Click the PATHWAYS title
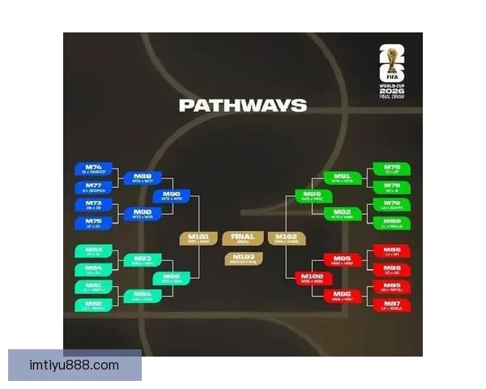(x=242, y=105)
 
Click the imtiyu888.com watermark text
(x=75, y=365)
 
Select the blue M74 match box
(x=94, y=169)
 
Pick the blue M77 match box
(x=94, y=187)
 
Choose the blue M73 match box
(x=94, y=205)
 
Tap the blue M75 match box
(x=94, y=222)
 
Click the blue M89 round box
(x=143, y=178)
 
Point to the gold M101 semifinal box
(x=198, y=238)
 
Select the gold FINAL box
(x=243, y=238)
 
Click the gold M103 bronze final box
(x=243, y=259)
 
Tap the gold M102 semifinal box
(x=288, y=238)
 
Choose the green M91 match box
(x=342, y=177)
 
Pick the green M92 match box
(x=342, y=214)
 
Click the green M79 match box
(x=391, y=205)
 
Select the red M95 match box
(x=342, y=260)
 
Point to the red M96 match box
(x=342, y=296)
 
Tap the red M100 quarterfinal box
(x=313, y=278)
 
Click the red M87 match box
(x=391, y=305)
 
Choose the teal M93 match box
(x=143, y=260)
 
